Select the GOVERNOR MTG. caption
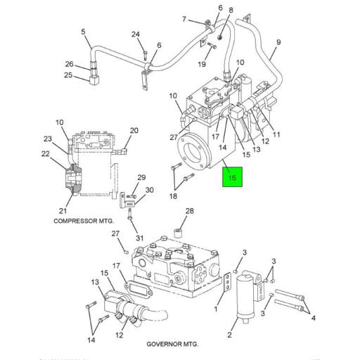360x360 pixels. [x=173, y=344]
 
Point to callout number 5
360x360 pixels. [x=83, y=32]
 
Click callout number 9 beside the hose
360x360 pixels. [x=278, y=42]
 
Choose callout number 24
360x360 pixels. [x=136, y=34]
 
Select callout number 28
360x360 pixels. [x=188, y=211]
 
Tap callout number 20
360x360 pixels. [x=134, y=130]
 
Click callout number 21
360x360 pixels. [x=63, y=212]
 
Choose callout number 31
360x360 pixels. [x=139, y=238]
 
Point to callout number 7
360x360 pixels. [x=184, y=19]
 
